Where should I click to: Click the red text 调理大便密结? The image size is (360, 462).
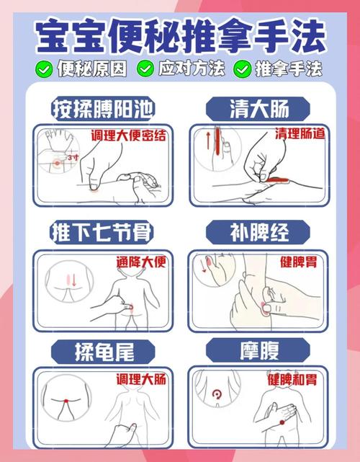click(x=128, y=135)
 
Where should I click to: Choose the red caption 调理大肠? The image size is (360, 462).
click(x=140, y=379)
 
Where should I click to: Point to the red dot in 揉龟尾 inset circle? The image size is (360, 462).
click(x=66, y=399)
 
